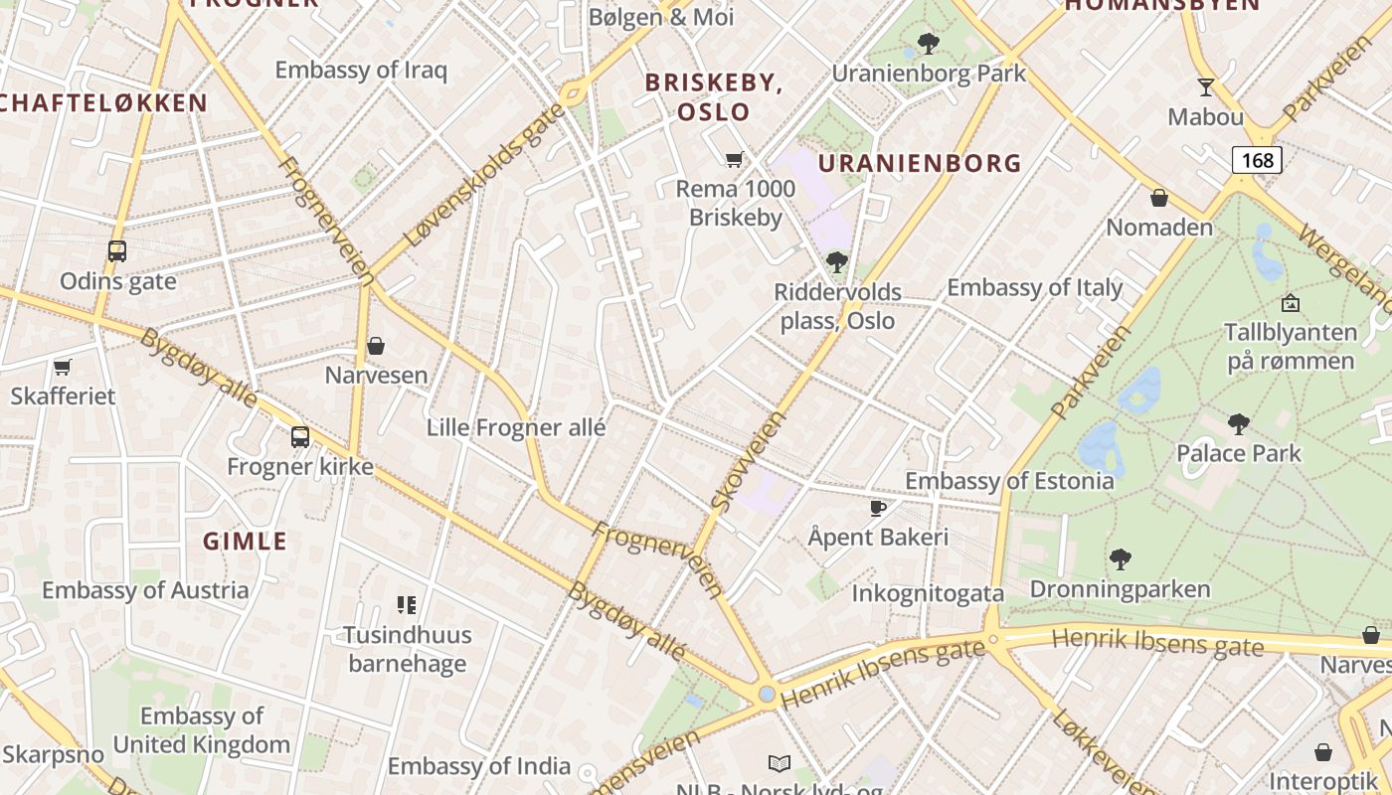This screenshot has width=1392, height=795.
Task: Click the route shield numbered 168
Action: tap(1257, 159)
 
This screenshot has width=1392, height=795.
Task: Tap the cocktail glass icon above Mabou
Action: tap(1206, 86)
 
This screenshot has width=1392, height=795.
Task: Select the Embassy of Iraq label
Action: tap(361, 70)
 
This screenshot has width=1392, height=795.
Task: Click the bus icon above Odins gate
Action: tap(117, 251)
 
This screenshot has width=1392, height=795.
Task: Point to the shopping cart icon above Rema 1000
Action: tap(735, 159)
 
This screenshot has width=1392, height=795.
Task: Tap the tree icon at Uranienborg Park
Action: tap(929, 44)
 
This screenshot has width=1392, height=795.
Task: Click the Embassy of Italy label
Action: tap(1034, 288)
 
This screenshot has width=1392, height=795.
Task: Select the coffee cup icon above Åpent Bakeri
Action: tap(878, 508)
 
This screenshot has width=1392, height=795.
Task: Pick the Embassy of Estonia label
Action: tap(1009, 481)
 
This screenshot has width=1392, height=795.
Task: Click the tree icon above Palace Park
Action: tap(1239, 424)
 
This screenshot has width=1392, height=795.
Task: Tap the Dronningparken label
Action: tap(1120, 589)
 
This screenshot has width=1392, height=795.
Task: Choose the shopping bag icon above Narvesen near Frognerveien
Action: tap(376, 346)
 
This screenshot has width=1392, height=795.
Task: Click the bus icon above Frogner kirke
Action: tap(299, 436)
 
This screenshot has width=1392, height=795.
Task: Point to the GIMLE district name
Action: tap(245, 542)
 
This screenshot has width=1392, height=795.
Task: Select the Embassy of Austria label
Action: tap(145, 590)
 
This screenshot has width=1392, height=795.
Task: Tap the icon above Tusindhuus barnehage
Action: tap(406, 604)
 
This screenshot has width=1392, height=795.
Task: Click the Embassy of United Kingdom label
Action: tap(202, 730)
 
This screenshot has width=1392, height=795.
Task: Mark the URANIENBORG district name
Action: tap(920, 163)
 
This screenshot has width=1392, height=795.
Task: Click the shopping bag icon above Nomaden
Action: tap(1159, 198)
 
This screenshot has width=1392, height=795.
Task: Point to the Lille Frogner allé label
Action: tap(515, 428)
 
